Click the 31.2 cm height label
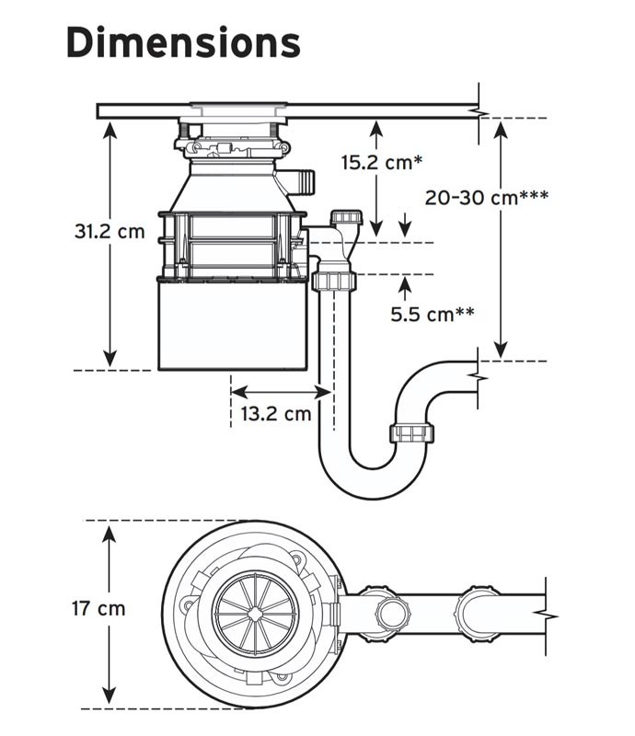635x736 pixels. [x=110, y=230]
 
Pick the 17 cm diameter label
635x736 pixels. [x=98, y=608]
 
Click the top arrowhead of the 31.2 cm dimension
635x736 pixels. [x=110, y=127]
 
